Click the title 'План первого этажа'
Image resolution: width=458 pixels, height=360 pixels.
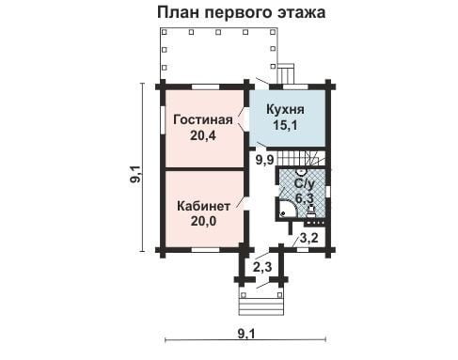point(241,13)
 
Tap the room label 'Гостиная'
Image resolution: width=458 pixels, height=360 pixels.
point(203,119)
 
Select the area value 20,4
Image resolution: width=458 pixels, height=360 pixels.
point(203,135)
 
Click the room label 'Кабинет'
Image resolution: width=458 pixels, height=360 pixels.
point(203,206)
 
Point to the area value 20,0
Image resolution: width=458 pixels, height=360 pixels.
point(203,221)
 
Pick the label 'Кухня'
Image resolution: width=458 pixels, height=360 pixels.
point(285,110)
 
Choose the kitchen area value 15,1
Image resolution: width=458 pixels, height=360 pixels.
point(285,125)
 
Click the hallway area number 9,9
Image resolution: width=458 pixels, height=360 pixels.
point(265,160)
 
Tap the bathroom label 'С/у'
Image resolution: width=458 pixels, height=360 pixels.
point(304,183)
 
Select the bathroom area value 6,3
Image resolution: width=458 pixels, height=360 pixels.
point(305,198)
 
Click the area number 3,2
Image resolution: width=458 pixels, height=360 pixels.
point(309,238)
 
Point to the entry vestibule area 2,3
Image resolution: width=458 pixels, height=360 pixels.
point(262,267)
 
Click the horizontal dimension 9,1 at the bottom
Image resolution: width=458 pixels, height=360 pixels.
point(246,334)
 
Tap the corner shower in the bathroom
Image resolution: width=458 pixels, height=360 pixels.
point(288,210)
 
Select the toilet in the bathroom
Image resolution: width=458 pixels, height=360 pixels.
point(311,211)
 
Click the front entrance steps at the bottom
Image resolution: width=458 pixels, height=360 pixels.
point(261,306)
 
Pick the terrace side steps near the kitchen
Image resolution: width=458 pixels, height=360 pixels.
point(286,73)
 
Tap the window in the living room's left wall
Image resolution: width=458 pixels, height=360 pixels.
point(163,120)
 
